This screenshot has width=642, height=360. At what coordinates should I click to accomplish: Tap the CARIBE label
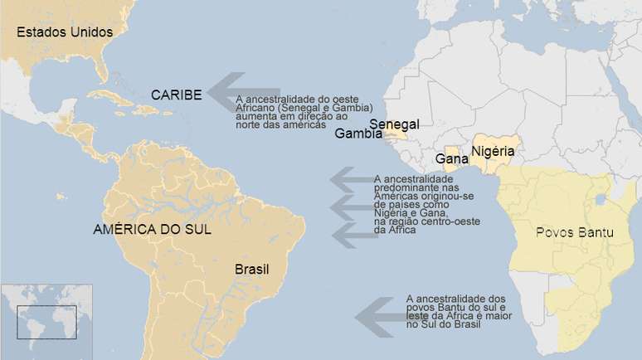coord(176,95)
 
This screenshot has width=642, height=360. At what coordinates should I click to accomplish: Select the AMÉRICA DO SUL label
coord(152,230)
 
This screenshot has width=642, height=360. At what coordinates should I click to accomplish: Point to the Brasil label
coord(252,269)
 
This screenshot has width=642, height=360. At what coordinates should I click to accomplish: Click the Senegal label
coord(394,124)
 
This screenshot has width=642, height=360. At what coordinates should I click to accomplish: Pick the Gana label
coord(451,158)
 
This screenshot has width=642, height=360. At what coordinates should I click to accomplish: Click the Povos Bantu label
coord(575,233)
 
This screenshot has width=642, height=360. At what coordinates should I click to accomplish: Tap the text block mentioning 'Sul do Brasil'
coord(455,310)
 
